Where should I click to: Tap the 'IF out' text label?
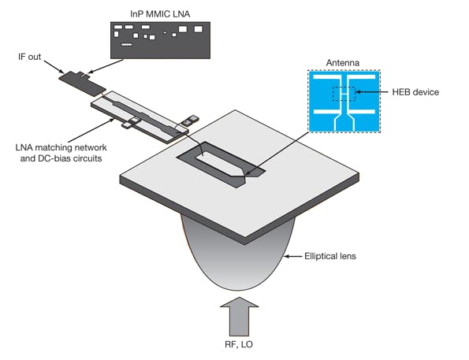pyautogui.click(x=32, y=58)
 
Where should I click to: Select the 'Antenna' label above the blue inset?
pyautogui.click(x=343, y=62)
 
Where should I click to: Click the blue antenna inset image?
pyautogui.click(x=343, y=103)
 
